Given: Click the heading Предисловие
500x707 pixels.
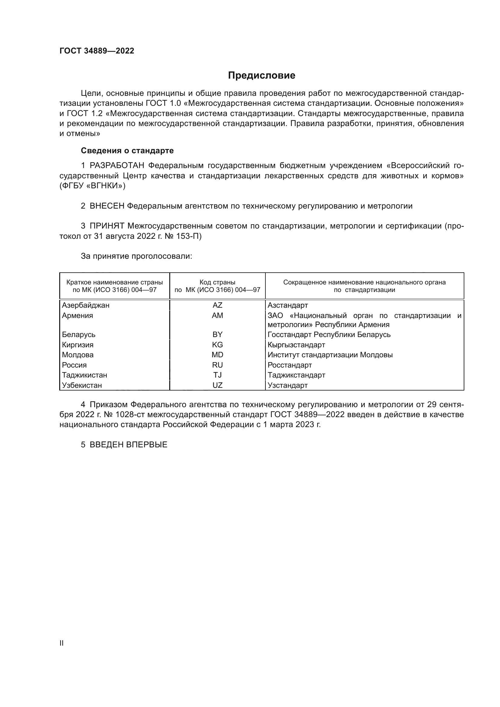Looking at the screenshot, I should pyautogui.click(x=261, y=76).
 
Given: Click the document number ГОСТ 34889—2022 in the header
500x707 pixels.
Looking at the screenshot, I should pyautogui.click(x=97, y=51).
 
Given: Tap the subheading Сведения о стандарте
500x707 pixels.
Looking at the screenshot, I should pyautogui.click(x=127, y=151).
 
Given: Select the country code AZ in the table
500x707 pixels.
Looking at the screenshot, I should pyautogui.click(x=217, y=305).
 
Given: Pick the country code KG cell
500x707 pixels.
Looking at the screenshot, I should pyautogui.click(x=217, y=345).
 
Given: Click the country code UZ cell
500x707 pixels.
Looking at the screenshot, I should pyautogui.click(x=217, y=385).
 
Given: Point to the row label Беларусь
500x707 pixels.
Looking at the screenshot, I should pyautogui.click(x=79, y=334).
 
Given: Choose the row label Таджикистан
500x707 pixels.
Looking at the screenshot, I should pyautogui.click(x=84, y=375).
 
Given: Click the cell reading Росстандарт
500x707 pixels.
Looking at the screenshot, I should pyautogui.click(x=289, y=365).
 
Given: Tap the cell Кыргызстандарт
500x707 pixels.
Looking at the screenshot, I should pyautogui.click(x=296, y=345).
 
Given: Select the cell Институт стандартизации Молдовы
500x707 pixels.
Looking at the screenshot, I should pyautogui.click(x=330, y=355).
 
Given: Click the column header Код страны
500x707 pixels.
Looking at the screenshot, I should pyautogui.click(x=217, y=282).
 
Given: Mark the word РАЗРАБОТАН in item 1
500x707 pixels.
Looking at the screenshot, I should pyautogui.click(x=117, y=166).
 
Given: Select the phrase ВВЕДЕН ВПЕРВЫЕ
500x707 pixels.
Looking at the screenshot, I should pyautogui.click(x=128, y=445).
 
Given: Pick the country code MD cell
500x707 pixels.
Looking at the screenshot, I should pyautogui.click(x=217, y=355).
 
